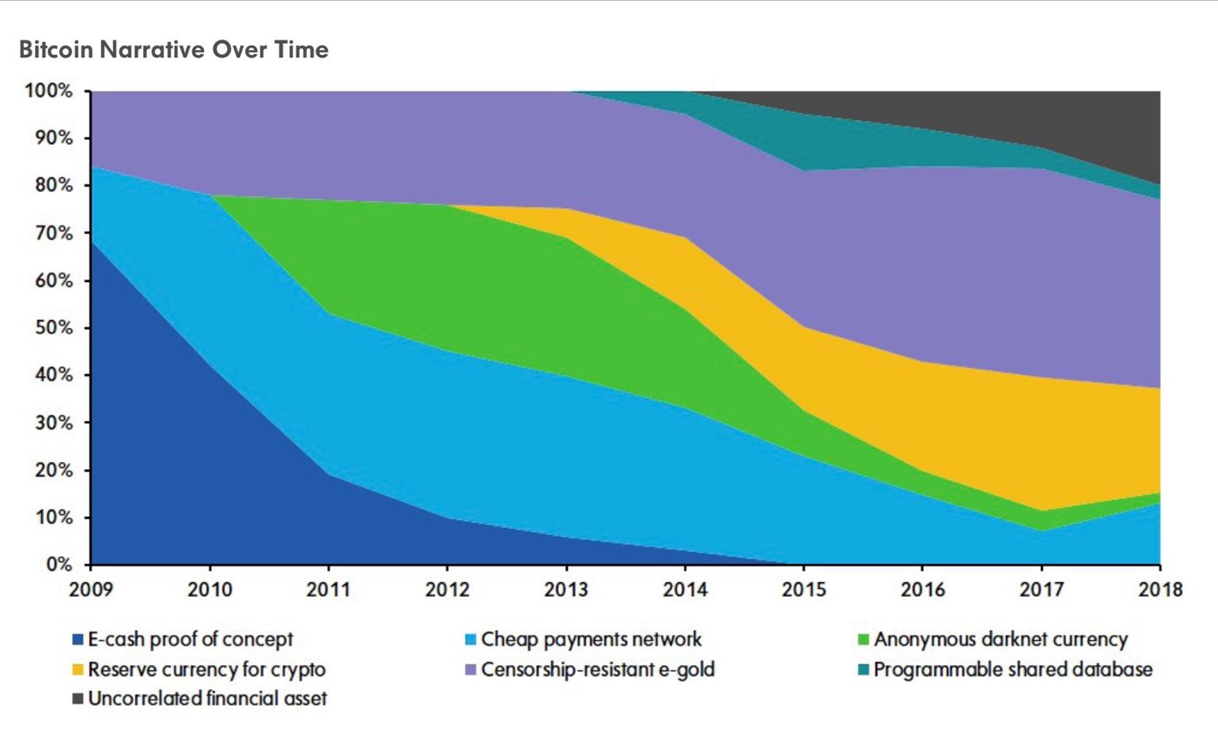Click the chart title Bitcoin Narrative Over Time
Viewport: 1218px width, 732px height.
coord(173,50)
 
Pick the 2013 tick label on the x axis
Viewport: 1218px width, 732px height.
coord(566,590)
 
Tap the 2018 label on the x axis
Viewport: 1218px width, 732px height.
coord(1160,590)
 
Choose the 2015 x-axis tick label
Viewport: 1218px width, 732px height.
coord(803,590)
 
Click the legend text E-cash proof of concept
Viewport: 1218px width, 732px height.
coord(190,639)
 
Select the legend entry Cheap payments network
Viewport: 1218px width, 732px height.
coord(591,639)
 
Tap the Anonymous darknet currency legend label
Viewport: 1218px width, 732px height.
coord(1000,639)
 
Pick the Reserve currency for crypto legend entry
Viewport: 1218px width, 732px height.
coord(207,669)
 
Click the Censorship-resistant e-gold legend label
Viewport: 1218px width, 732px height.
coord(597,669)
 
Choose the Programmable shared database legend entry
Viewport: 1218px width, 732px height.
coord(1012,669)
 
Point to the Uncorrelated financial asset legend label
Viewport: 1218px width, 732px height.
coord(207,699)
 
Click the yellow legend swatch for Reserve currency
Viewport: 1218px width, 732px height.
coord(78,670)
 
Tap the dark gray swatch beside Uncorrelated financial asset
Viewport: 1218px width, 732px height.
coord(78,699)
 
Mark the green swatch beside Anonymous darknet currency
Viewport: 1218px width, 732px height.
coord(863,640)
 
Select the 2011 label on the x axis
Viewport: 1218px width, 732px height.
coord(327,590)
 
